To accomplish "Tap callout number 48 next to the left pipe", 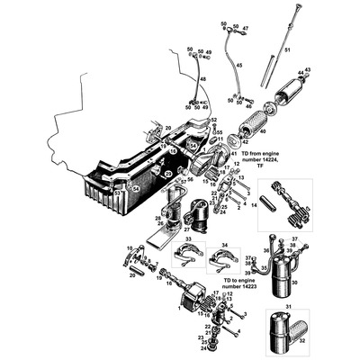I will click(x=202, y=80).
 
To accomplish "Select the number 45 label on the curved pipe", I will click(x=238, y=66).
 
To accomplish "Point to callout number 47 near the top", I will click(x=245, y=29).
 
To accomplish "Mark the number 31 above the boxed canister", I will click(x=277, y=309).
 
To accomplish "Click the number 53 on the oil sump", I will click(x=116, y=193).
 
